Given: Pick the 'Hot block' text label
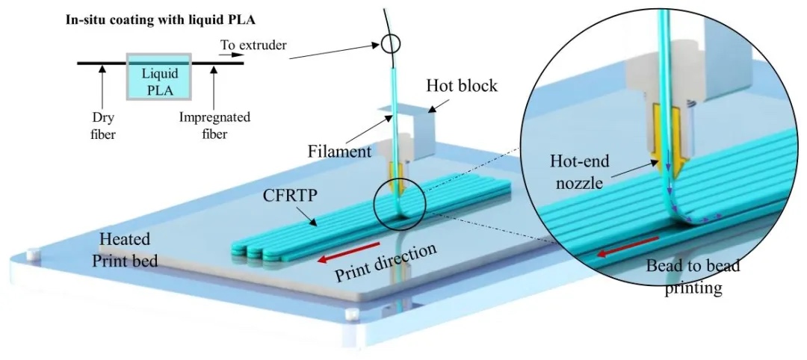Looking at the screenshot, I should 461,86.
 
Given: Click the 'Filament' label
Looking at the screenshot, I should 340,151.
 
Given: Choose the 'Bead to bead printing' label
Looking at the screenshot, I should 684,277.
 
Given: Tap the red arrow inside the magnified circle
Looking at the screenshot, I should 627,246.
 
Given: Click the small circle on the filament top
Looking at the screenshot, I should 391,46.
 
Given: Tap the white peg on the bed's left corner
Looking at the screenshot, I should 32,255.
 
